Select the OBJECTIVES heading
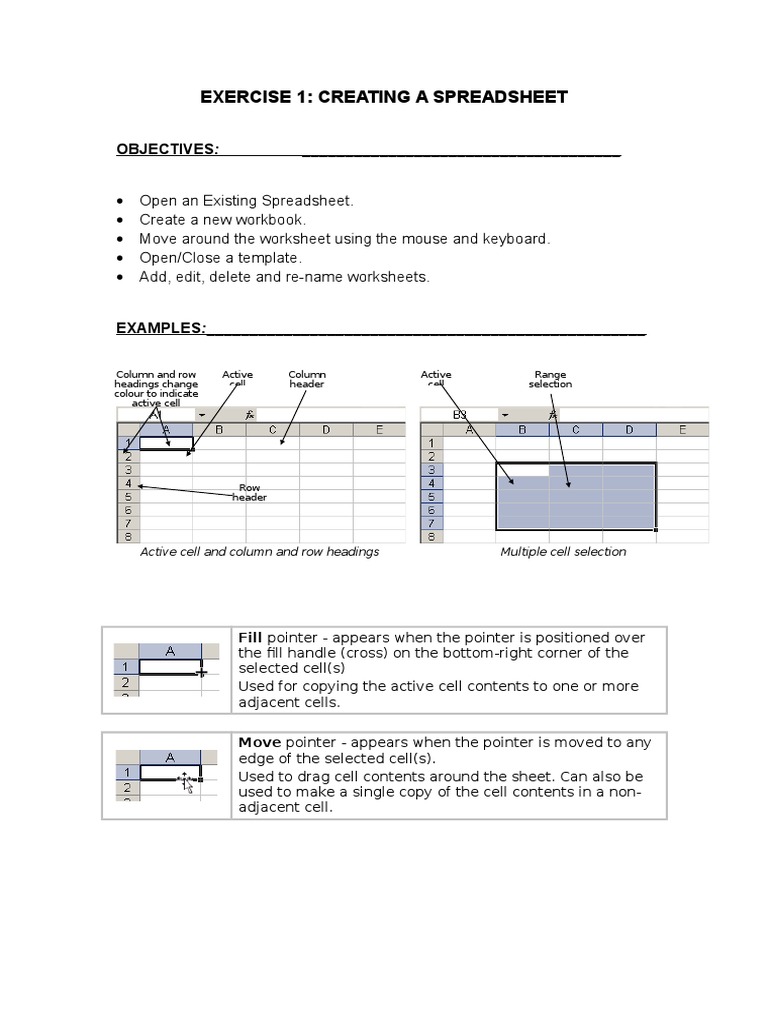pyautogui.click(x=167, y=149)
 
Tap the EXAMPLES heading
pyautogui.click(x=161, y=328)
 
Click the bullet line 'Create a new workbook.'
pyautogui.click(x=222, y=219)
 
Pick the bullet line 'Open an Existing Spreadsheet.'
pyautogui.click(x=246, y=200)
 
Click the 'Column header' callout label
pyautogui.click(x=307, y=379)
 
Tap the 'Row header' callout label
pyautogui.click(x=250, y=492)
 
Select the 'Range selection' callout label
pyautogui.click(x=551, y=379)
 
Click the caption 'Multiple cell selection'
pyautogui.click(x=563, y=551)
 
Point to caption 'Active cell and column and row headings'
pyautogui.click(x=259, y=551)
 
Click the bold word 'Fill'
pyautogui.click(x=250, y=637)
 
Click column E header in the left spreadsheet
pyautogui.click(x=379, y=430)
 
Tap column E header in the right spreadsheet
pyautogui.click(x=682, y=430)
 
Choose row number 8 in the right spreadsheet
pyautogui.click(x=431, y=536)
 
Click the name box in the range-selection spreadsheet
pyautogui.click(x=460, y=414)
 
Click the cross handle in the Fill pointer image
pyautogui.click(x=203, y=673)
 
